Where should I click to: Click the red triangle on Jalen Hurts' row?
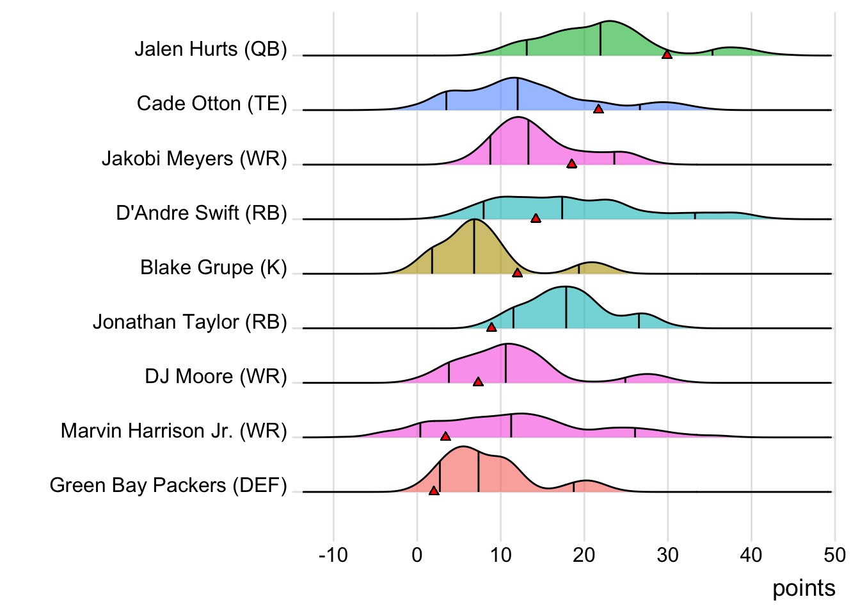667,55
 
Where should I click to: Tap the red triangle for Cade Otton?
598,110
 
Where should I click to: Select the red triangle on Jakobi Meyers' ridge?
571,164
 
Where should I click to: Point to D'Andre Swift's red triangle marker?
536,218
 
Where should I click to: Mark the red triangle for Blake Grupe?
517,273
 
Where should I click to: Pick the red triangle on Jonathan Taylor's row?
491,327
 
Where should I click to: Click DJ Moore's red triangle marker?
478,382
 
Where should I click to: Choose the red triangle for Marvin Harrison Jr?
445,436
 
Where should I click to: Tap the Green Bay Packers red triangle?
434,491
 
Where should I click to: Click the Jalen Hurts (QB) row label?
211,49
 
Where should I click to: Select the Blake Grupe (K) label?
213,267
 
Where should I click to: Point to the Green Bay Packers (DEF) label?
168,486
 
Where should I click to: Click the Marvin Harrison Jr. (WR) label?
173,431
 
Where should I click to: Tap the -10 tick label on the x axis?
333,555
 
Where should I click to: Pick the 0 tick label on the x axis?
417,555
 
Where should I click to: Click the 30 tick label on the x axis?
667,555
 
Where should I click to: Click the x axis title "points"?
804,588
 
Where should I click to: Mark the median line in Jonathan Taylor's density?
566,308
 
